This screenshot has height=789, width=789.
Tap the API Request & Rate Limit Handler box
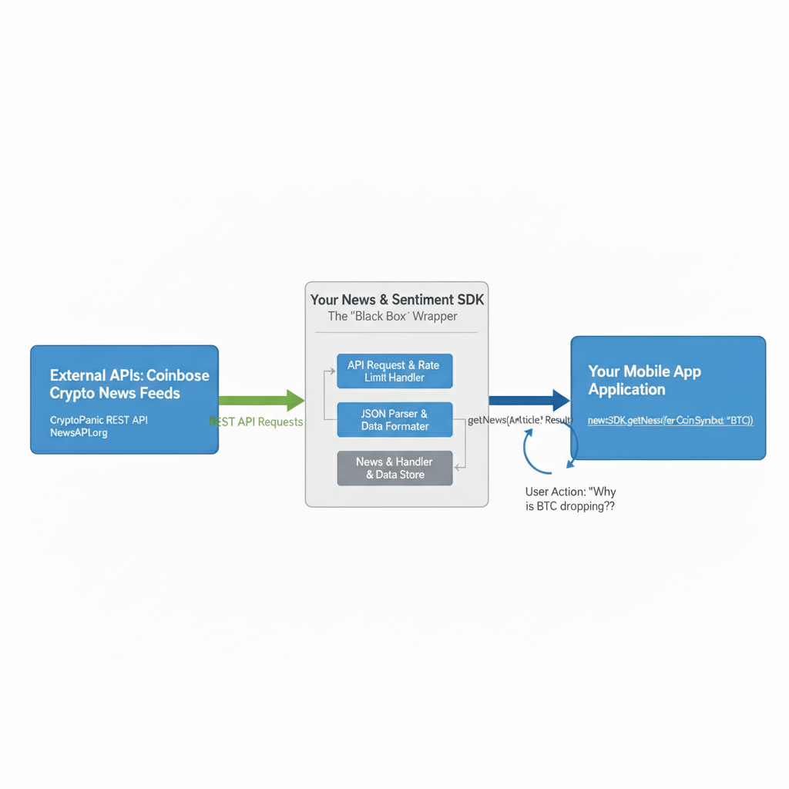(394, 371)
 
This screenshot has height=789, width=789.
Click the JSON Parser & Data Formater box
(394, 420)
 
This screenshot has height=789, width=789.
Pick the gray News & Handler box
(394, 468)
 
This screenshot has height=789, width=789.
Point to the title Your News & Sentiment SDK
(397, 300)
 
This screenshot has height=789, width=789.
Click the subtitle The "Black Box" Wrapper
(393, 317)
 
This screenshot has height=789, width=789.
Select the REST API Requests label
(256, 422)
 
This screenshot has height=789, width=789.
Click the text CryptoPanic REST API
(99, 420)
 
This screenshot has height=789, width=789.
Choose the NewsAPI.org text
(79, 433)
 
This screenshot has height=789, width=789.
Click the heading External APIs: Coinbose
(129, 375)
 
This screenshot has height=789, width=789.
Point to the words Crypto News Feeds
(115, 393)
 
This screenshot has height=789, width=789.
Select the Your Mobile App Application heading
(644, 380)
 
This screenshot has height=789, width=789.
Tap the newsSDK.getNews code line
(670, 421)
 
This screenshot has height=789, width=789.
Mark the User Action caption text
(570, 499)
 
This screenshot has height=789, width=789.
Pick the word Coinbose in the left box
(177, 375)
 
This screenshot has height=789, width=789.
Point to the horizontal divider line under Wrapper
(396, 333)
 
